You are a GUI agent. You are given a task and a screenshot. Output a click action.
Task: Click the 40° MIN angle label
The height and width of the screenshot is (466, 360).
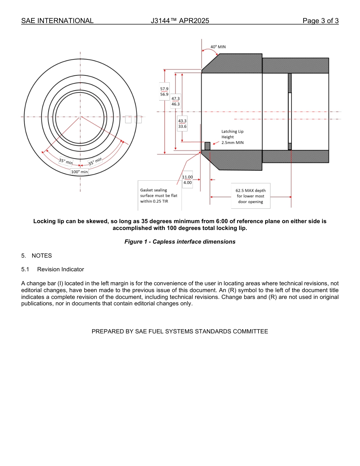click(x=218, y=47)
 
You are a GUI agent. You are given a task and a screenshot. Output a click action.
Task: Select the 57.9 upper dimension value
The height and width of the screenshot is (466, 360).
click(x=164, y=89)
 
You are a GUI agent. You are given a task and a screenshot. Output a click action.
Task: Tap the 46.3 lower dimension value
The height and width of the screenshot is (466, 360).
click(x=175, y=104)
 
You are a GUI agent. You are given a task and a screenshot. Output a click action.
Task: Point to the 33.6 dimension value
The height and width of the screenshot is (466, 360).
click(x=182, y=127)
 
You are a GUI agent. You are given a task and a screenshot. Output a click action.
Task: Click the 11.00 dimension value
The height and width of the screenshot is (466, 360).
click(x=188, y=177)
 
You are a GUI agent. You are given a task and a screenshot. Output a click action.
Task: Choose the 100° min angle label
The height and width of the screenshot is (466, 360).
click(x=79, y=172)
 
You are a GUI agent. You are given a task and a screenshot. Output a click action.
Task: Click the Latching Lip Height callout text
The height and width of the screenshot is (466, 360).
click(x=232, y=137)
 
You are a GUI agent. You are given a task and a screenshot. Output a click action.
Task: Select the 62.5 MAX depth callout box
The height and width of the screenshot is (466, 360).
click(x=250, y=196)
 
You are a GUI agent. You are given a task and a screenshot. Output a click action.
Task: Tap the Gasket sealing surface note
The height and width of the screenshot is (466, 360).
click(x=159, y=195)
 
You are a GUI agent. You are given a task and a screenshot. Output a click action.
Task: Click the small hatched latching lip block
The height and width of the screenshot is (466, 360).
click(x=207, y=146)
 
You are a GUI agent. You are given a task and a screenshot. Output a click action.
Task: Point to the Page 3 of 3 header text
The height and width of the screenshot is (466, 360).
click(x=320, y=21)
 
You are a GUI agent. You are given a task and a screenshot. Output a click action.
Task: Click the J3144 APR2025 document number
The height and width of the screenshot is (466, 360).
click(x=180, y=21)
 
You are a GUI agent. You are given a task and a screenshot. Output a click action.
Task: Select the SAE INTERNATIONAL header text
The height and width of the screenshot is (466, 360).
click(x=57, y=21)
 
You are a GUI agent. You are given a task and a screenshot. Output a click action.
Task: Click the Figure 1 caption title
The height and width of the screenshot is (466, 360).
click(x=180, y=242)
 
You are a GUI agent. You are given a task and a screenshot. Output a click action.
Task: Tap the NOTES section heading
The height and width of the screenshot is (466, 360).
click(x=41, y=256)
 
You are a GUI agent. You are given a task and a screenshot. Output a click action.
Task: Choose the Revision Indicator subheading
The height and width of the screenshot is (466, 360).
click(x=60, y=269)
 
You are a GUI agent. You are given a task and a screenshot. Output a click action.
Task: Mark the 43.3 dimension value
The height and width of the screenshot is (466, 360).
click(x=182, y=121)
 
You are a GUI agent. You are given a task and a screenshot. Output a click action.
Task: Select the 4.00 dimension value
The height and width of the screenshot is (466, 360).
click(x=187, y=183)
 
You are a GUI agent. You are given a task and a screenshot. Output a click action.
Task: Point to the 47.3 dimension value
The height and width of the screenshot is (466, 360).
click(x=175, y=99)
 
